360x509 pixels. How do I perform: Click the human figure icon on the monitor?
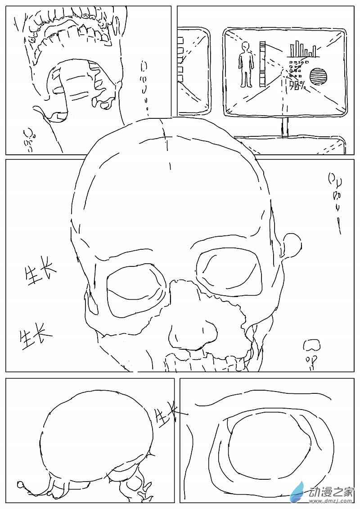(x=246, y=64)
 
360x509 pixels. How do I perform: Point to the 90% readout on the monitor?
(x=297, y=85)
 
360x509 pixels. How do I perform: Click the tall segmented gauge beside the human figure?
(x=263, y=64)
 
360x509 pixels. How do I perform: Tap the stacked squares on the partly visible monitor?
(x=181, y=59)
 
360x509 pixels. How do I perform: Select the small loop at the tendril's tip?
(x=21, y=485)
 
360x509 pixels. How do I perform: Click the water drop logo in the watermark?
(x=297, y=492)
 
